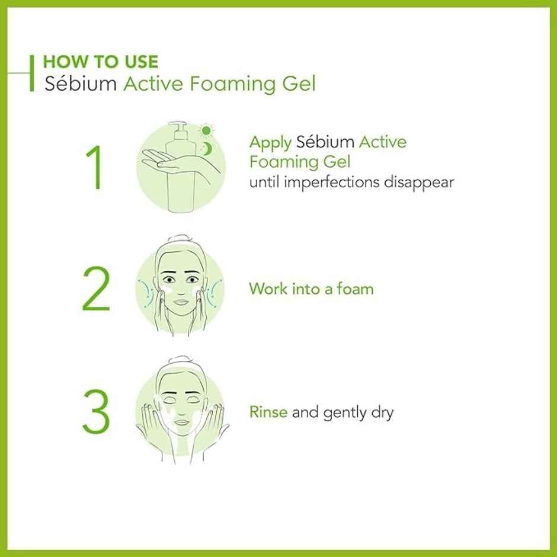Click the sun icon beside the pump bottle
[206, 130]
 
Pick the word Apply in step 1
[270, 143]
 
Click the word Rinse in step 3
[268, 412]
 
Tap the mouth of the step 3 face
[182, 423]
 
